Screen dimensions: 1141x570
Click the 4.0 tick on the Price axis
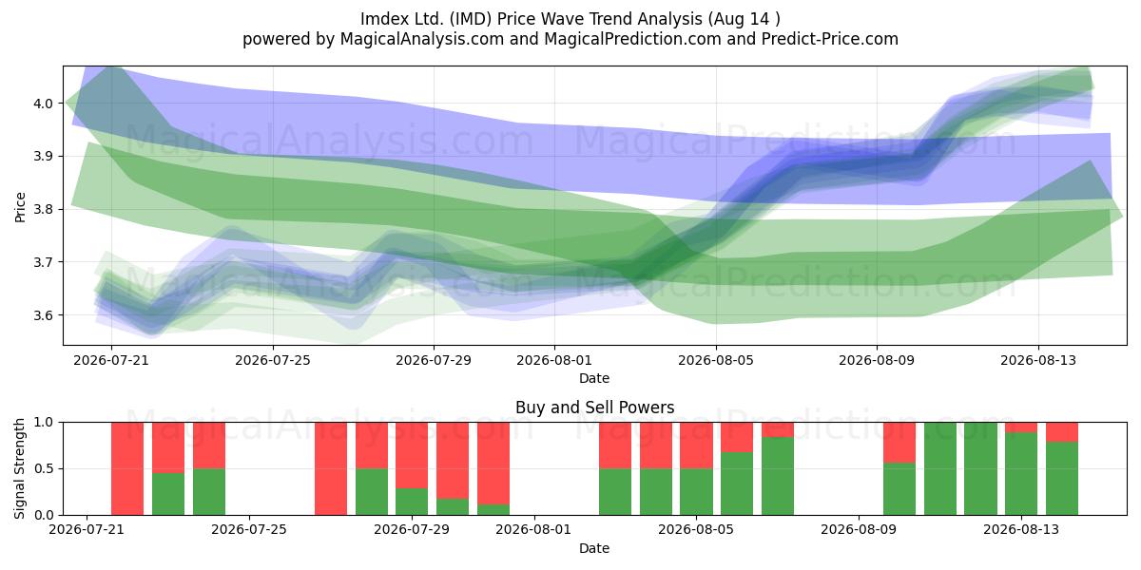click(43, 104)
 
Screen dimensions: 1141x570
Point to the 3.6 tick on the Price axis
click(43, 315)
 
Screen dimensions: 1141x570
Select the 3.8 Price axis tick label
click(43, 210)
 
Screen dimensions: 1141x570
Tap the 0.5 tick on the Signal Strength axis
click(43, 468)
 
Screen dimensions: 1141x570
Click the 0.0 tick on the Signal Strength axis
click(43, 515)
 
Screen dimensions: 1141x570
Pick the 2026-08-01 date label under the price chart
click(554, 360)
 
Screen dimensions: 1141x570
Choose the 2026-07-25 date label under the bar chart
click(249, 529)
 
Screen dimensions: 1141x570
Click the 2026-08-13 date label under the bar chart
click(1021, 529)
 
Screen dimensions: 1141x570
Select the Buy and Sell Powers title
click(594, 408)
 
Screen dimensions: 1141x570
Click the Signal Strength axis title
click(19, 468)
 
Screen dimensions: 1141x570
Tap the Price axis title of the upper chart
click(20, 207)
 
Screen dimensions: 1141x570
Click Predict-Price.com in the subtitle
click(830, 39)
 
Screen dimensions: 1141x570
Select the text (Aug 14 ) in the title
click(744, 19)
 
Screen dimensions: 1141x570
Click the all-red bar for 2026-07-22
click(127, 468)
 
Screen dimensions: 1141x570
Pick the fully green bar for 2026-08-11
click(940, 468)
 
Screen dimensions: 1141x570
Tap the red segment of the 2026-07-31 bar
click(493, 464)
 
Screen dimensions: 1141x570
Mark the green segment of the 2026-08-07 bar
click(778, 476)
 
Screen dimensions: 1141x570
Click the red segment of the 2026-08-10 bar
click(899, 443)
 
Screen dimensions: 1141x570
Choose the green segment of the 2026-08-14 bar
click(1062, 479)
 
